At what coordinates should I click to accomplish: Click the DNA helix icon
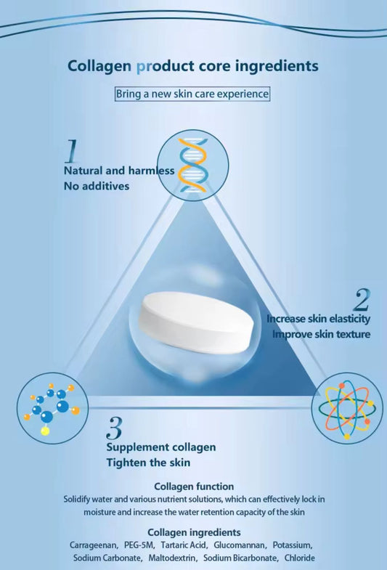pyautogui.click(x=192, y=166)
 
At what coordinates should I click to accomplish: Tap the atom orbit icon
pyautogui.click(x=346, y=408)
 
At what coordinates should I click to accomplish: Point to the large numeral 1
pyautogui.click(x=71, y=150)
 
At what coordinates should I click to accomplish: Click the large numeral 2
pyautogui.click(x=362, y=300)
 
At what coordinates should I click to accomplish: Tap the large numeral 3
pyautogui.click(x=115, y=428)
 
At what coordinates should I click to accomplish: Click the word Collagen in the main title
pyautogui.click(x=99, y=66)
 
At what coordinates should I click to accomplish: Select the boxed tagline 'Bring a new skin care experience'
pyautogui.click(x=192, y=94)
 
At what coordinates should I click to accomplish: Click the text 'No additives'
pyautogui.click(x=97, y=186)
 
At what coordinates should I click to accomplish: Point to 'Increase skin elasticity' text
pyautogui.click(x=318, y=319)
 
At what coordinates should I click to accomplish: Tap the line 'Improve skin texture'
pyautogui.click(x=321, y=334)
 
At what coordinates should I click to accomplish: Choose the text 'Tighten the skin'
pyautogui.click(x=148, y=463)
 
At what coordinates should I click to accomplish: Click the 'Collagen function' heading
pyautogui.click(x=194, y=486)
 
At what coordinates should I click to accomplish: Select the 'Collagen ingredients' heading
pyautogui.click(x=194, y=532)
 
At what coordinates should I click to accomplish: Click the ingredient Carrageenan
pyautogui.click(x=93, y=545)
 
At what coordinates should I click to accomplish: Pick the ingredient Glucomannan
pyautogui.click(x=240, y=545)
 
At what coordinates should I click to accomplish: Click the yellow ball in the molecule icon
pyautogui.click(x=45, y=431)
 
